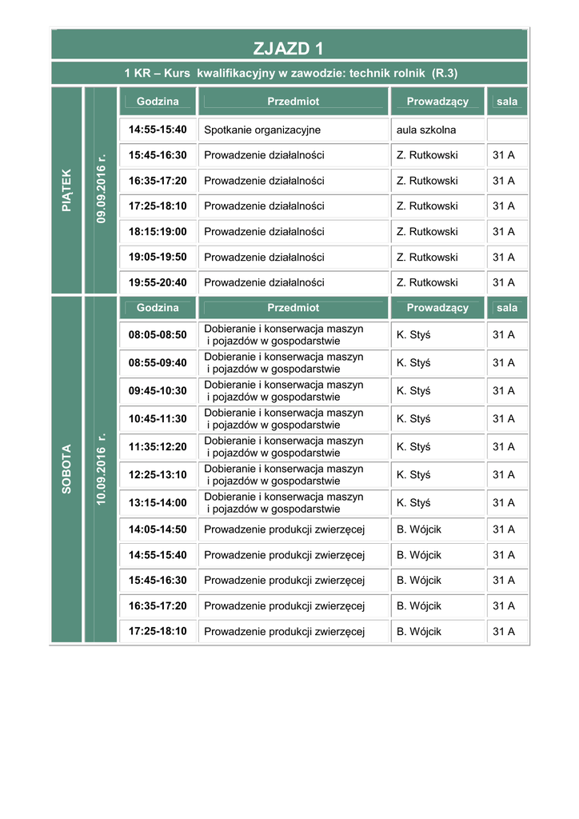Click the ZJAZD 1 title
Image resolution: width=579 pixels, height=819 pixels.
pos(289,48)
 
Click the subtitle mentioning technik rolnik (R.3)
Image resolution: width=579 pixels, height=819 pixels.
pos(290,74)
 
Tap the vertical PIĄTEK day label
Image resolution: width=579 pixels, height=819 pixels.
pos(66,190)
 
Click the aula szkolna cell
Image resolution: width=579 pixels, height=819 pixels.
pos(426,130)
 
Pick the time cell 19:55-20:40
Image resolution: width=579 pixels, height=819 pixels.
pos(158,282)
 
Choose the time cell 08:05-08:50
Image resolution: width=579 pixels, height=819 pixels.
pos(158,335)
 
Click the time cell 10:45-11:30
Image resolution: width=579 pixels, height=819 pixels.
pos(158,418)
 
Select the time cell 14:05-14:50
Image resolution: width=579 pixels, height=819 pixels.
pos(158,529)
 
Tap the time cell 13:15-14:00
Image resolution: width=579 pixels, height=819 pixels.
pos(158,502)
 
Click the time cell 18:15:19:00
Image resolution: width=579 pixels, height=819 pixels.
pos(158,231)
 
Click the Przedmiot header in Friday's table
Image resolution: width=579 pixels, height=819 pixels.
pos(293,102)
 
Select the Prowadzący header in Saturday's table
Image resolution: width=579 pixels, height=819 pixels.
pos(437,308)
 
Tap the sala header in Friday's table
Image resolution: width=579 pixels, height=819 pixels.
pos(507,102)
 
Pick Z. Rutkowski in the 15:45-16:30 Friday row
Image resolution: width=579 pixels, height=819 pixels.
pos(427,155)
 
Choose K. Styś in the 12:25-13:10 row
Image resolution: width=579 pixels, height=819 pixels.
pos(413,474)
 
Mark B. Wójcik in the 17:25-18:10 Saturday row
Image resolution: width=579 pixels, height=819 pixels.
pos(419,631)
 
